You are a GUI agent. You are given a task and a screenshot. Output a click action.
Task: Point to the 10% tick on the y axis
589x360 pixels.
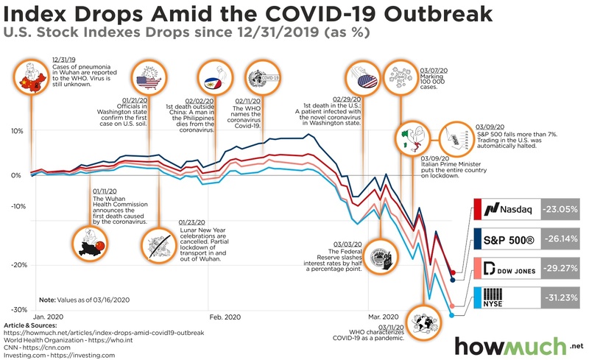[x=14, y=131]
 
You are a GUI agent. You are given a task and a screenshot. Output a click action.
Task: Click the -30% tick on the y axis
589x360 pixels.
[x=14, y=310]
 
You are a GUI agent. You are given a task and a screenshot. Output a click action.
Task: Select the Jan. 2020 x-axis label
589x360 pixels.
[x=49, y=316]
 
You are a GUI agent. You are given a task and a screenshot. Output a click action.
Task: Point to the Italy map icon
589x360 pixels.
[x=412, y=139]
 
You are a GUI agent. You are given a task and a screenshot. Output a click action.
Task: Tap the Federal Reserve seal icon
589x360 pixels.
[x=381, y=258]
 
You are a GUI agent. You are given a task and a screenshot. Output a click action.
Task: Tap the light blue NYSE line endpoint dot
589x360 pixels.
[x=452, y=315]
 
